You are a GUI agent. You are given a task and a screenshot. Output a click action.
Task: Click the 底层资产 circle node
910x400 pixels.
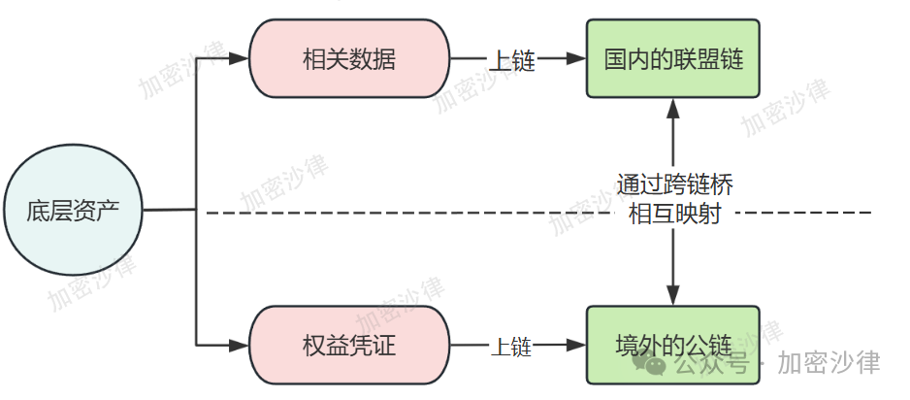74,210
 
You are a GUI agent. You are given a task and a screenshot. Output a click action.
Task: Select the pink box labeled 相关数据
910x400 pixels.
349,59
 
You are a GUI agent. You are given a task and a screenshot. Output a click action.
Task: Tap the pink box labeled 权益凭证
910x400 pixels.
349,345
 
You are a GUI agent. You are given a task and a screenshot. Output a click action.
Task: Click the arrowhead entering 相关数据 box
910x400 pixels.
242,59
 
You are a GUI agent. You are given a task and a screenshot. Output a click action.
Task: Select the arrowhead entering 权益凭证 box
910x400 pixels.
242,345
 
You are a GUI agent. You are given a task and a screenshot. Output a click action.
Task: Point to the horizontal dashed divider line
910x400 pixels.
407,211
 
